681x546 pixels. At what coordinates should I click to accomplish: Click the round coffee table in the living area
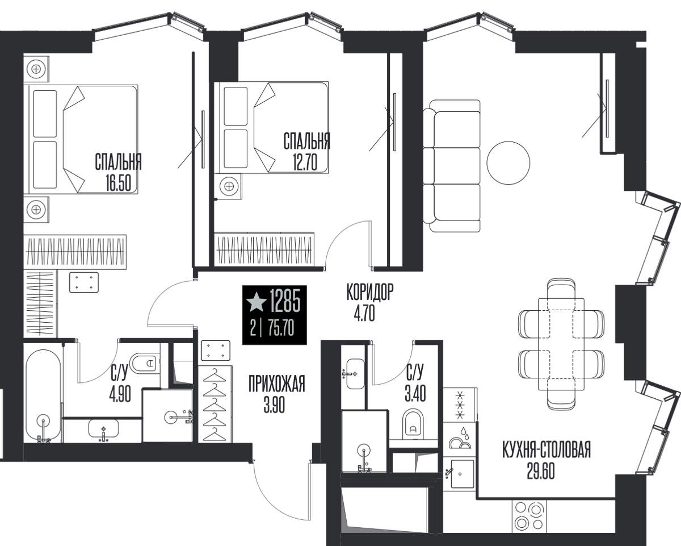point(508,163)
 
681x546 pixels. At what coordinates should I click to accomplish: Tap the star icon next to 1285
point(257,302)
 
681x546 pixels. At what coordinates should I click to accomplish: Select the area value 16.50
point(119,184)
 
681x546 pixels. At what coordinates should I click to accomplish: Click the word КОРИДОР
point(370,291)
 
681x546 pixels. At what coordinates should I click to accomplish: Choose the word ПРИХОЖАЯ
point(276,384)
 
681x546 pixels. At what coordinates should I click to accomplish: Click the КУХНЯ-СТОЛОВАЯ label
point(547,449)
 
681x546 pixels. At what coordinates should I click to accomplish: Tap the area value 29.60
point(541,471)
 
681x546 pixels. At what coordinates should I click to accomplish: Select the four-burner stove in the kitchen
point(529,515)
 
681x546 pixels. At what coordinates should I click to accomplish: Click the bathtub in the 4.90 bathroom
point(43,396)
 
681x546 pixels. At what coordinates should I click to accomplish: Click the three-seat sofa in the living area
point(452,166)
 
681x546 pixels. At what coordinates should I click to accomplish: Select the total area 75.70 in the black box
point(281,328)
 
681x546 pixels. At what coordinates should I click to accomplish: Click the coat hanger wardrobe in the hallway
point(215,404)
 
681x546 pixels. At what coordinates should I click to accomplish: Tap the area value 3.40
point(415,393)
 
